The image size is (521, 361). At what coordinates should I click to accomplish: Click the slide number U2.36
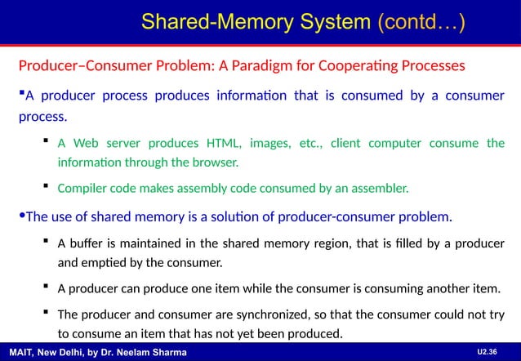(488, 351)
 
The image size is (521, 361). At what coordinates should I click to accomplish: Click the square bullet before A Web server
(45, 143)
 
